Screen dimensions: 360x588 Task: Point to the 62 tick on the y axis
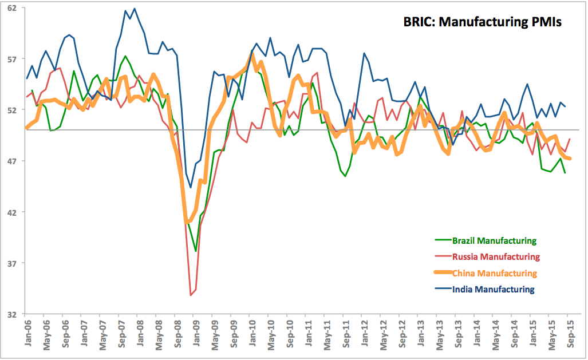pos(12,8)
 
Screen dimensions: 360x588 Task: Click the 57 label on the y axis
pos(12,59)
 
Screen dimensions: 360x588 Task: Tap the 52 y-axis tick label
pos(12,110)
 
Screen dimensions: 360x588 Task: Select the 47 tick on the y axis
pos(12,161)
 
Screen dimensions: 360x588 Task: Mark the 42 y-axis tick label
pos(12,212)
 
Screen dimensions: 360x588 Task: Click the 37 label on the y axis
pos(12,263)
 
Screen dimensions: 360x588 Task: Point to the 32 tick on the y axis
pos(12,314)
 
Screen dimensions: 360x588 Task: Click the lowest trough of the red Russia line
pos(191,295)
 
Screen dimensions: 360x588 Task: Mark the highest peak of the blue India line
pos(135,9)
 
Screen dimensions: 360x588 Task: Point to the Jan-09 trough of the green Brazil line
pos(196,251)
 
